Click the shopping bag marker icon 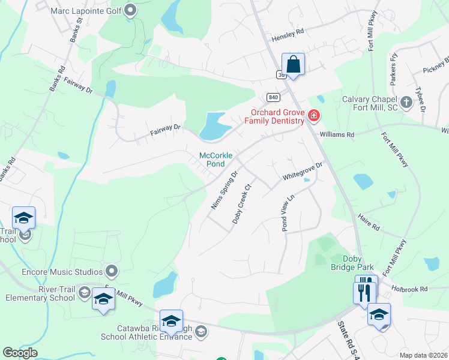click(x=293, y=64)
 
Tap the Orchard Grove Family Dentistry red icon click(x=313, y=115)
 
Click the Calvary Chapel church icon click(x=406, y=101)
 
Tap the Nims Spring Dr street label click(x=224, y=190)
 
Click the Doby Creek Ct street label click(x=241, y=204)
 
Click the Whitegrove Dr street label click(x=303, y=174)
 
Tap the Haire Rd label click(x=369, y=224)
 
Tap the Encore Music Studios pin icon click(x=110, y=271)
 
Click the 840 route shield click(x=274, y=97)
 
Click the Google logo click(x=20, y=353)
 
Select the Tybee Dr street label click(x=420, y=103)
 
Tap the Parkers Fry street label click(x=394, y=67)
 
